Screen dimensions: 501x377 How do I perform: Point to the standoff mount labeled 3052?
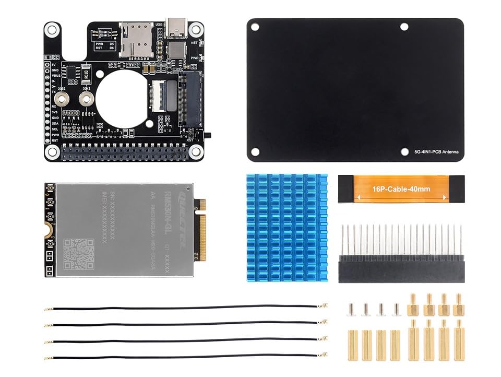pyautogui.click(x=63, y=98)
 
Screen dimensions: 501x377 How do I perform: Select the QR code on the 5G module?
pyautogui.click(x=78, y=253)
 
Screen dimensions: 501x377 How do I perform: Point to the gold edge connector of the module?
pyautogui.click(x=200, y=230)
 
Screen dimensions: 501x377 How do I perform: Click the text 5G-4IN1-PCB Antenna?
pyautogui.click(x=436, y=152)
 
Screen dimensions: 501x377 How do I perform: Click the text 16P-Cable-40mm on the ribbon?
pyautogui.click(x=401, y=188)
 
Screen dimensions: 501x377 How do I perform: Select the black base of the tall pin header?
pyautogui.click(x=401, y=269)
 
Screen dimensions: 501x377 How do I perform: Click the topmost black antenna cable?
pyautogui.click(x=185, y=307)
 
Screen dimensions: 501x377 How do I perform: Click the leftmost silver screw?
pyautogui.click(x=351, y=310)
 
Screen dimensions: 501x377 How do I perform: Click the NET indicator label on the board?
pyautogui.click(x=194, y=43)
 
